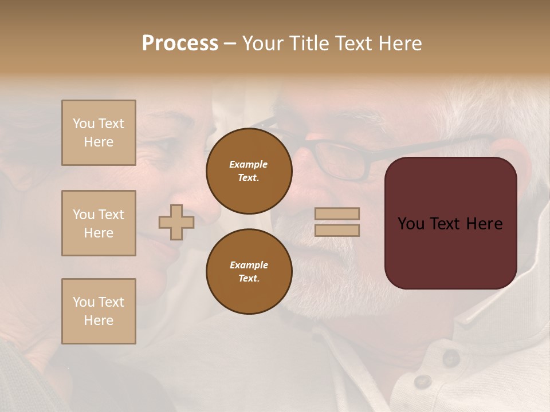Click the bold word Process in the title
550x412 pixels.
point(180,43)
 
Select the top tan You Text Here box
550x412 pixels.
point(99,133)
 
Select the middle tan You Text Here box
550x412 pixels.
point(99,223)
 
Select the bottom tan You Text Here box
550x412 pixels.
point(99,311)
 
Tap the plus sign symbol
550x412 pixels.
point(176,222)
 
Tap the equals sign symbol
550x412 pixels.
point(337,222)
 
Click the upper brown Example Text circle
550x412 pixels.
point(249,171)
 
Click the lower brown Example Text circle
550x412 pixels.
point(249,272)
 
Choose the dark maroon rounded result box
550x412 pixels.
point(450,223)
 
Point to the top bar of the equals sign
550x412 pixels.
point(337,213)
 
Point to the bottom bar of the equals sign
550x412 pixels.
point(337,231)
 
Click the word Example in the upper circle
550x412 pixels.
point(249,164)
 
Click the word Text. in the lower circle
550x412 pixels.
point(249,279)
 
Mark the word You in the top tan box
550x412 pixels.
point(83,124)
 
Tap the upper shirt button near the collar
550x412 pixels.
point(451,358)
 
